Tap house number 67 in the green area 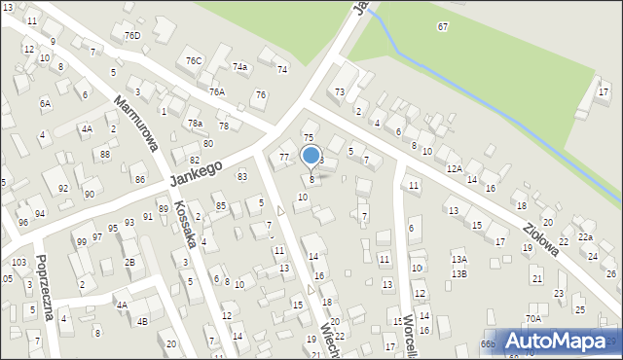[x=443, y=26]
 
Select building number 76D [x=132, y=36]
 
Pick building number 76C [x=194, y=61]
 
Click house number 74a [x=239, y=67]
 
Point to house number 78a [x=196, y=124]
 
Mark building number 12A [x=454, y=168]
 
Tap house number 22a [x=585, y=237]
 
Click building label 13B [x=459, y=273]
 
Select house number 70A [x=533, y=318]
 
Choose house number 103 [x=18, y=263]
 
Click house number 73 [x=340, y=91]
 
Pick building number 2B [x=129, y=262]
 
